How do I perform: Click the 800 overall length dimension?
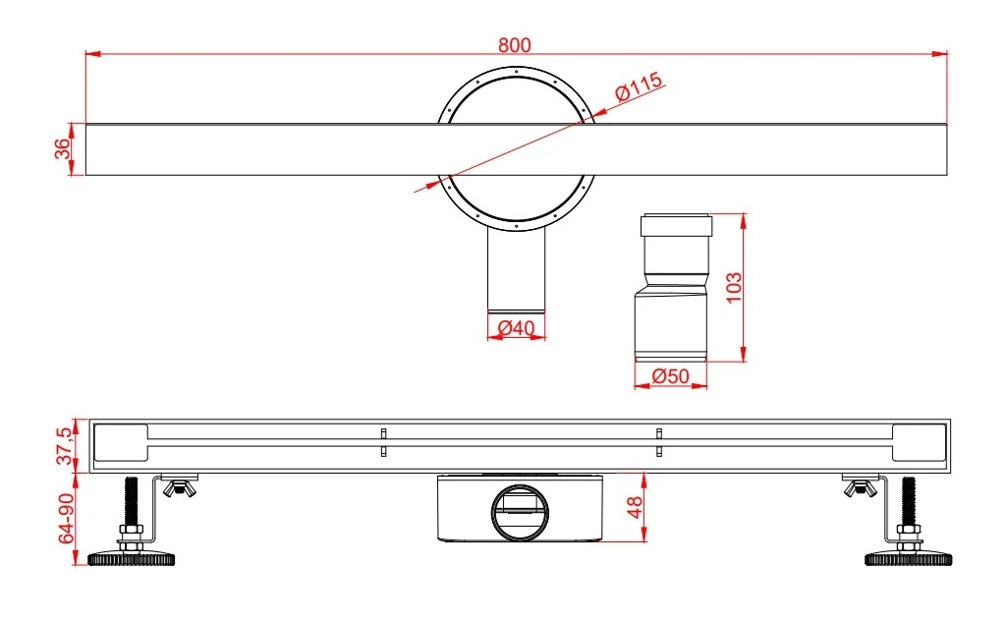pyautogui.click(x=515, y=45)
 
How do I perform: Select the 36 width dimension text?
pyautogui.click(x=63, y=148)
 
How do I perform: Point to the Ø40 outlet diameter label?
pyautogui.click(x=516, y=327)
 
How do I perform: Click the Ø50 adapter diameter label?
pyautogui.click(x=670, y=375)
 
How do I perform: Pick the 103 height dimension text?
pyautogui.click(x=733, y=288)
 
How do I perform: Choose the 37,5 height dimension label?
pyautogui.click(x=66, y=446)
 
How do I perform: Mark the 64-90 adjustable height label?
pyautogui.click(x=67, y=518)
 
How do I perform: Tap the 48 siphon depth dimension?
pyautogui.click(x=635, y=507)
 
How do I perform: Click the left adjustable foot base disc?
pyautogui.click(x=132, y=559)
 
